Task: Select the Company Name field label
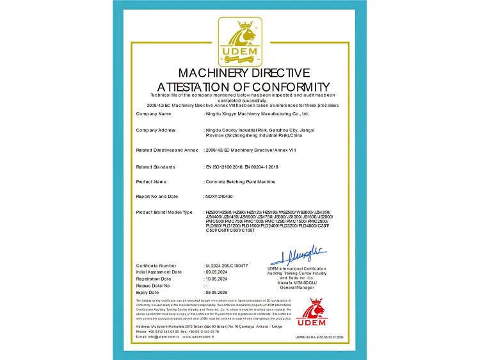click(154, 113)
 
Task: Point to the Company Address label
click(156, 130)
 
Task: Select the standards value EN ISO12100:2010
click(224, 167)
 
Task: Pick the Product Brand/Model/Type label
click(164, 211)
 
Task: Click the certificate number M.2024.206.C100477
click(230, 265)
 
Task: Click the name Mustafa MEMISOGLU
click(296, 282)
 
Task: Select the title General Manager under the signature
click(296, 288)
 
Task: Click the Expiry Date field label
click(148, 292)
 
